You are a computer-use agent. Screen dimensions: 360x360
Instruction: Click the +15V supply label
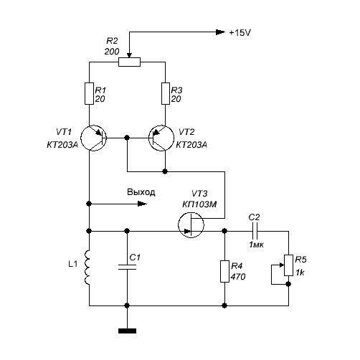click(240, 32)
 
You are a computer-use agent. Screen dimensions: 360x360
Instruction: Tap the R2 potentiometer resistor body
click(129, 62)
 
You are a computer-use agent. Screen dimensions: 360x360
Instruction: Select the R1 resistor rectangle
click(89, 93)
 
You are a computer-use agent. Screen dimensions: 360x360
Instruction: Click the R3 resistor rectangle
click(166, 93)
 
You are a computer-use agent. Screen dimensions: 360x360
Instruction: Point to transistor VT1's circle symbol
click(81, 138)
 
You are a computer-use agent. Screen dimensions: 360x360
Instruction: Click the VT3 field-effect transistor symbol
click(191, 224)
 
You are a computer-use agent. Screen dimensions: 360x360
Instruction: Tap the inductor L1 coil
click(87, 267)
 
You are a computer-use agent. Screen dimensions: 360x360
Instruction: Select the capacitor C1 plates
click(127, 267)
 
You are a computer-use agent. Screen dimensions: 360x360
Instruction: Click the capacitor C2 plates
click(255, 231)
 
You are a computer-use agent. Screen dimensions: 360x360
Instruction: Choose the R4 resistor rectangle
click(224, 271)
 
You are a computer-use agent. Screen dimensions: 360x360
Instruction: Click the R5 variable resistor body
click(288, 265)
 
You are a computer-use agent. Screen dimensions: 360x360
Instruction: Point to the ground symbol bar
click(127, 331)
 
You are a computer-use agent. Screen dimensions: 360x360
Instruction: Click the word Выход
click(141, 192)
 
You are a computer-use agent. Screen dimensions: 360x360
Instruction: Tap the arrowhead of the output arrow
click(143, 204)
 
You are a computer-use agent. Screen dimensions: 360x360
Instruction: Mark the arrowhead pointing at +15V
click(221, 32)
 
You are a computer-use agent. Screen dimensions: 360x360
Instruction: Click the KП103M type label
click(199, 204)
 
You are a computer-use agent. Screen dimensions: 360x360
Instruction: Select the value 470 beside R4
click(238, 277)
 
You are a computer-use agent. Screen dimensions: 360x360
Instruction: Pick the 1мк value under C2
click(256, 245)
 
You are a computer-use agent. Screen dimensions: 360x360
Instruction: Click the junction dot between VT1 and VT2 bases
click(127, 138)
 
